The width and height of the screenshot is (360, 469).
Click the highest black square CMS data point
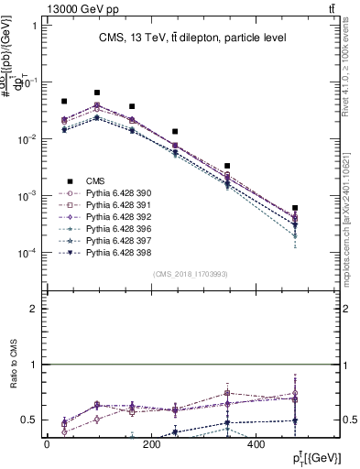pyautogui.click(x=97, y=93)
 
